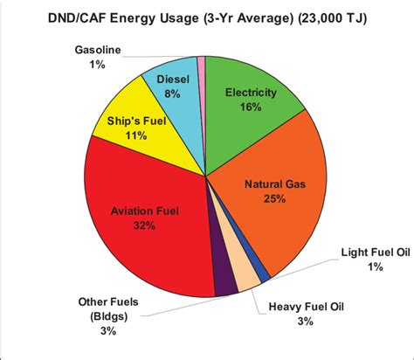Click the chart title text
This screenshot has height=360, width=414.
pos(207,19)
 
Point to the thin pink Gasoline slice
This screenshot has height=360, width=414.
pos(201,61)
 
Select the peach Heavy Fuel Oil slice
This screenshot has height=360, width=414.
pos(246,277)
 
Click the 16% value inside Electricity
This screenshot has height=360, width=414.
pos(251,108)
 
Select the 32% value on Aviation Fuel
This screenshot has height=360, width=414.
pos(145,226)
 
